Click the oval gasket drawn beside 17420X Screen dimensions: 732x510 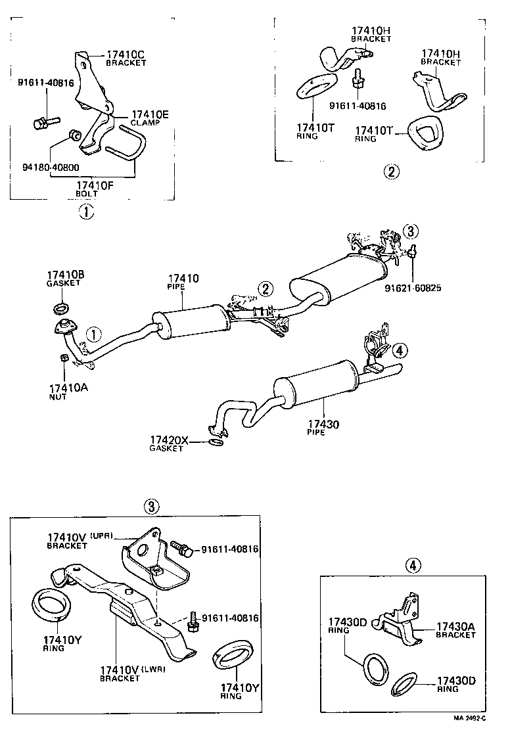click(215, 442)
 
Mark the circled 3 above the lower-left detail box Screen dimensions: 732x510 click(151, 506)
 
